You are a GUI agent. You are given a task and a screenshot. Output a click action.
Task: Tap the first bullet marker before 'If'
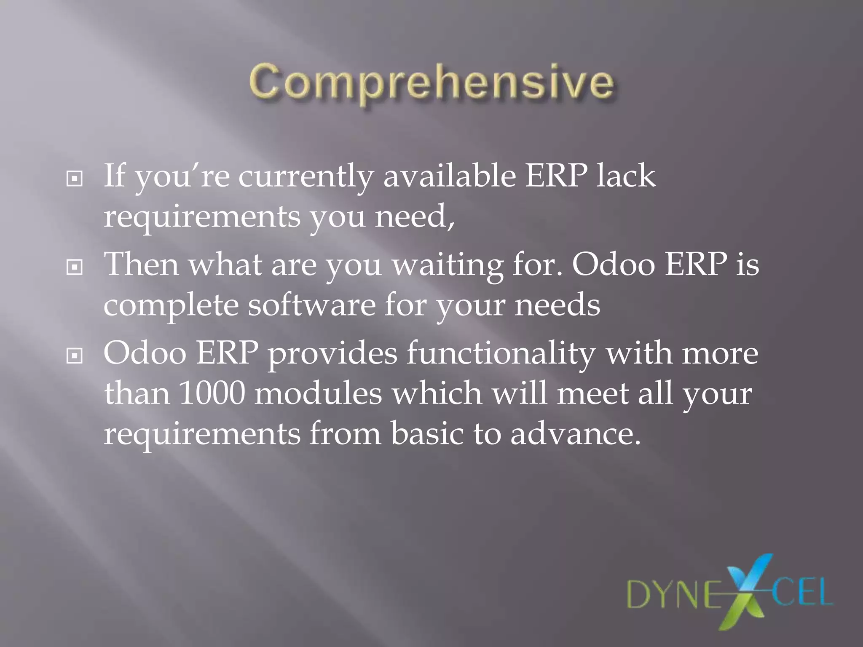click(75, 179)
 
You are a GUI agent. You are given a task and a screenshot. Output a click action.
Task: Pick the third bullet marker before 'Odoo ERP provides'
click(75, 356)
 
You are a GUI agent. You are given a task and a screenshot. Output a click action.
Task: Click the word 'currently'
click(306, 177)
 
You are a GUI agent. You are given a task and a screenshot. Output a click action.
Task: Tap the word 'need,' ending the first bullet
click(415, 217)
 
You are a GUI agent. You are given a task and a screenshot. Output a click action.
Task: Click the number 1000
click(212, 394)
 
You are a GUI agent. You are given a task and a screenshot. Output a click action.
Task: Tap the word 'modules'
click(319, 394)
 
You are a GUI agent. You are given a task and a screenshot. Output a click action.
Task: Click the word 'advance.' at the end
click(575, 433)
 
